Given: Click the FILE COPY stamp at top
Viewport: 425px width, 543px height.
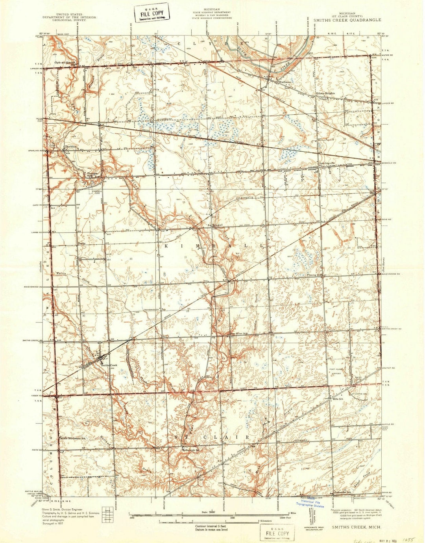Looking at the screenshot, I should coord(152,13).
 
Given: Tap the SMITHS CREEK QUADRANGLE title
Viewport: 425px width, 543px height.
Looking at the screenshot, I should coord(347,19).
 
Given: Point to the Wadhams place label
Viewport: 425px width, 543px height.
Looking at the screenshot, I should coord(284,82).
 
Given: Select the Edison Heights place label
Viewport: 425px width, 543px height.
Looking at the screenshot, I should coord(325,93).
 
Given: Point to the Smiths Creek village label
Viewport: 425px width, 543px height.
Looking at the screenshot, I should coord(109,365).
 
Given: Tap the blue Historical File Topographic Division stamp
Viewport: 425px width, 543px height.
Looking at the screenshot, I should coord(310,502).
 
